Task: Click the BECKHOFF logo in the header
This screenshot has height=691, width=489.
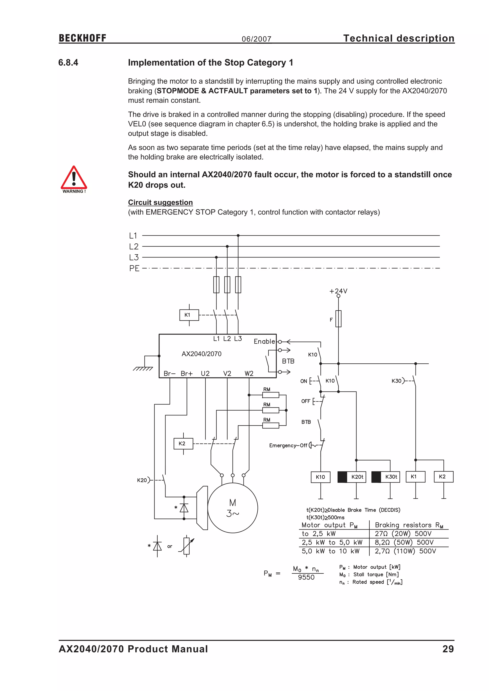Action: (83, 38)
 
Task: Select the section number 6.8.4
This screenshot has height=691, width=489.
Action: (68, 63)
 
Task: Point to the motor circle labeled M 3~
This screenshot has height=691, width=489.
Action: (233, 508)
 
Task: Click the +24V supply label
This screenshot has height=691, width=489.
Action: (338, 291)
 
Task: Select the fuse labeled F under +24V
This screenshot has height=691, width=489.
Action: (338, 319)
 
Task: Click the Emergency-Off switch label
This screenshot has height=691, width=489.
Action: (288, 445)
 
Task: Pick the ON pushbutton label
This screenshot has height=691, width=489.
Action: (303, 381)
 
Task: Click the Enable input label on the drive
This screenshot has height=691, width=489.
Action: (264, 341)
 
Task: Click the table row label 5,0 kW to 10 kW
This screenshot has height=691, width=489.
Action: (331, 551)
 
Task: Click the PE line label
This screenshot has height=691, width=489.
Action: (134, 268)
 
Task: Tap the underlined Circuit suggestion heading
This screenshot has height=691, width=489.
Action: (160, 202)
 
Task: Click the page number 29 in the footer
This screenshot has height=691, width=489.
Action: (448, 649)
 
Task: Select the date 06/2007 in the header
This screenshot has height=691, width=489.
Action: (256, 39)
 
